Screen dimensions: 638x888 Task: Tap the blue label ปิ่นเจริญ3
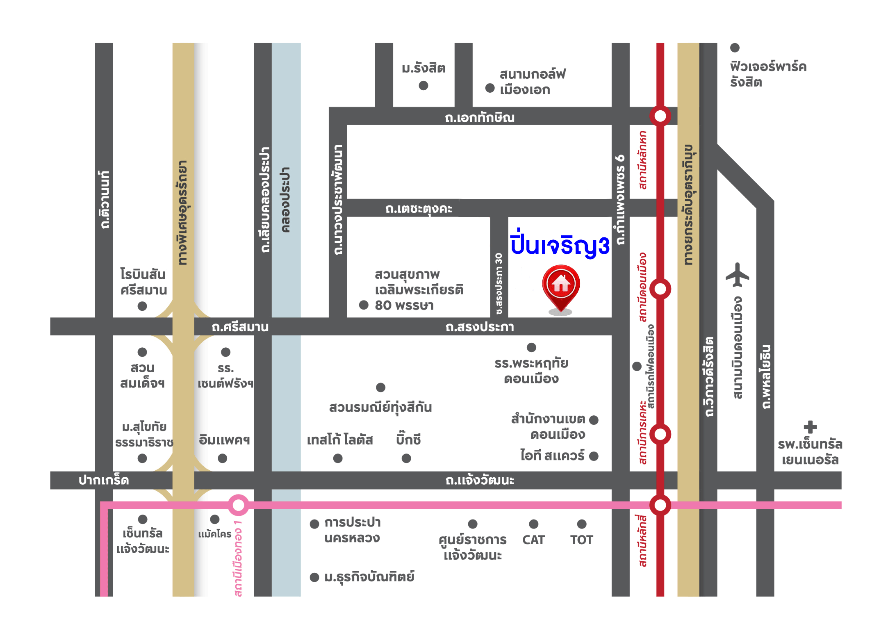560,245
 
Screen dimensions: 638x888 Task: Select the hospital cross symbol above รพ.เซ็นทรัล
810,427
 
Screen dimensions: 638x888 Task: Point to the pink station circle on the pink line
238,505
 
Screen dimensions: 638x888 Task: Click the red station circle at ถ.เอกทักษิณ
660,116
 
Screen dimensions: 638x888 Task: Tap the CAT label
533,540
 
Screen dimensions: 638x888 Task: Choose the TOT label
581,540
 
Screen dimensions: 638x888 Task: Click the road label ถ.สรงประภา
480,327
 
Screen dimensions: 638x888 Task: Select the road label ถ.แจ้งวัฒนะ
480,480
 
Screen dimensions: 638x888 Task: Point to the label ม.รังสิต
424,68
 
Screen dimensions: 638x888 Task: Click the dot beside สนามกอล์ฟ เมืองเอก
490,88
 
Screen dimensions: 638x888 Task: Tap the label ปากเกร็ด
104,480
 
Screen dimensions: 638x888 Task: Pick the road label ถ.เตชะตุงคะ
419,209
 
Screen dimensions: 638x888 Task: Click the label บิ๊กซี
408,439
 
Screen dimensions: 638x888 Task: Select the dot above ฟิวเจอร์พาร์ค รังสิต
735,48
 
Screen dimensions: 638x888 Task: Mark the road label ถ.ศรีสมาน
240,327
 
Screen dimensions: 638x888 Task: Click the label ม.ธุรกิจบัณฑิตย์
369,577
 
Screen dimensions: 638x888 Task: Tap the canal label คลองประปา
286,200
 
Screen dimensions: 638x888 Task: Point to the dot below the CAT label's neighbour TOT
581,524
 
